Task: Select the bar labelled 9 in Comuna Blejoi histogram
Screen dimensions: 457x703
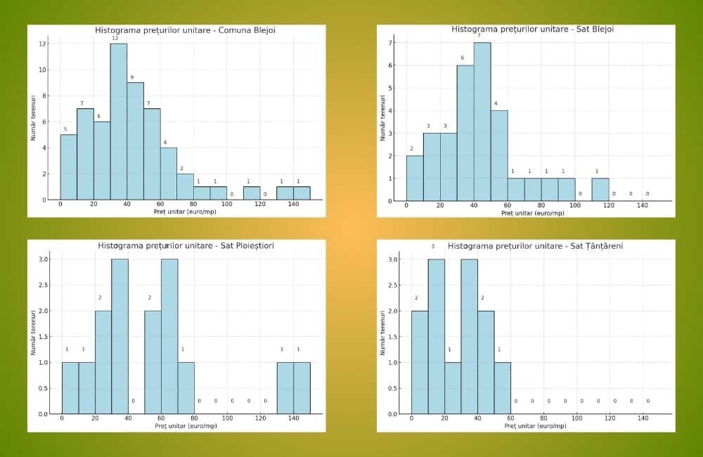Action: tap(135, 141)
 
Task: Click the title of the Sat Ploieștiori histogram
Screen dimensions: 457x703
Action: tap(186, 246)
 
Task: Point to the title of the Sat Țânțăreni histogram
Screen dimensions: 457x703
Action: tap(535, 246)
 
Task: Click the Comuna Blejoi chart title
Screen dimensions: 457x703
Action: tap(185, 30)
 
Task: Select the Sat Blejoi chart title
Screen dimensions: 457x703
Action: tap(533, 30)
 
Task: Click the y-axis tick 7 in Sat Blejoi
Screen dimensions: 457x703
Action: tap(392, 43)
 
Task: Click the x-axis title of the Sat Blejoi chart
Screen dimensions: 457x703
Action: tap(532, 212)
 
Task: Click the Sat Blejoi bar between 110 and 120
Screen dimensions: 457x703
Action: tap(600, 189)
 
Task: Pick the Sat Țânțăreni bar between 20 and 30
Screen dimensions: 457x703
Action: tap(453, 387)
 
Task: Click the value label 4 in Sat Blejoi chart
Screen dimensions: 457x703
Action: tap(496, 104)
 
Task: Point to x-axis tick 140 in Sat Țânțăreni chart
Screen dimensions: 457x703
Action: tap(643, 419)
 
